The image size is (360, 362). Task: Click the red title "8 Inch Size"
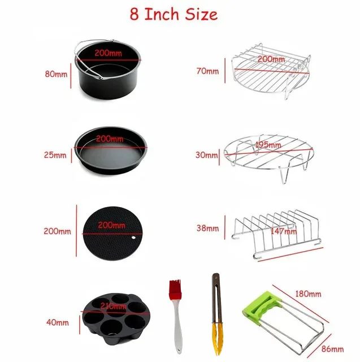(x=174, y=14)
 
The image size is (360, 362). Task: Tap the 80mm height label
(x=56, y=74)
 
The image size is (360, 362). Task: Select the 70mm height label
(x=207, y=71)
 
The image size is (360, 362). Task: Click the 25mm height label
(x=55, y=155)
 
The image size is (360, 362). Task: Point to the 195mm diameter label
(x=268, y=145)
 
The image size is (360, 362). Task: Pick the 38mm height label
(x=207, y=229)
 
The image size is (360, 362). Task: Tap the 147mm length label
(x=284, y=231)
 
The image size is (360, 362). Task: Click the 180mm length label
(x=308, y=294)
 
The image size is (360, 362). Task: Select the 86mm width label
(x=332, y=349)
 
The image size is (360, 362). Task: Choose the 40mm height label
(x=58, y=322)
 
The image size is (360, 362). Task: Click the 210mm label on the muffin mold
(x=113, y=307)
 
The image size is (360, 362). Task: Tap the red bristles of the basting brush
(x=175, y=290)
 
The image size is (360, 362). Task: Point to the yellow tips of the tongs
(x=218, y=339)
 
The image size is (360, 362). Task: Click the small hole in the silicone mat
(x=133, y=238)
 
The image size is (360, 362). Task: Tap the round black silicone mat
(x=112, y=233)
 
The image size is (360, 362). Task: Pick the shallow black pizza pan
(x=111, y=150)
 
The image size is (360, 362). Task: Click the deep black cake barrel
(x=107, y=69)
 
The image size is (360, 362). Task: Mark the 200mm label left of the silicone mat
(x=57, y=231)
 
